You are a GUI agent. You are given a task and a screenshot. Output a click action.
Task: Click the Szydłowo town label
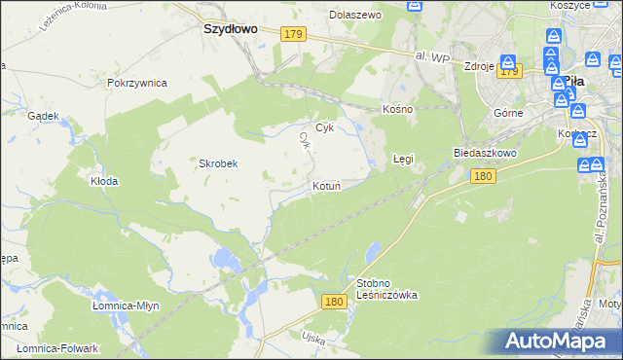point(231,29)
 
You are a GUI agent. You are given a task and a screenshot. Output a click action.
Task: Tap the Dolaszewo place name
point(355,16)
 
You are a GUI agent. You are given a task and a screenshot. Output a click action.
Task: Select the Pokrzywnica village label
point(136,83)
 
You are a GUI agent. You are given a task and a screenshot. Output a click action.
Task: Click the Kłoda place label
point(104,181)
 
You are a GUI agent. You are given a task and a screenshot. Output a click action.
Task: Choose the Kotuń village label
point(326,185)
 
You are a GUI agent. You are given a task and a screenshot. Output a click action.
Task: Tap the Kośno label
point(398,109)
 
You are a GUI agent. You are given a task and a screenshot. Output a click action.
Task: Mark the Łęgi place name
point(404,157)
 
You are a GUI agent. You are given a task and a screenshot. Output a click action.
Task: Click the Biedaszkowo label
point(485,153)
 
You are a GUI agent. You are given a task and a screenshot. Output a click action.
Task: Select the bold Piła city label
point(573,83)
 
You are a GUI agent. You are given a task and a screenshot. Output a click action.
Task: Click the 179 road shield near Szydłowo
point(293,35)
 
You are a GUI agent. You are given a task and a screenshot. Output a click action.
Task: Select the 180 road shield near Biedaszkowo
point(483,176)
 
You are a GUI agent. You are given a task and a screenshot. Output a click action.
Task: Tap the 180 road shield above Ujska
point(334,302)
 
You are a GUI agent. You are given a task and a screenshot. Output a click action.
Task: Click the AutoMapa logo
point(556,341)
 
